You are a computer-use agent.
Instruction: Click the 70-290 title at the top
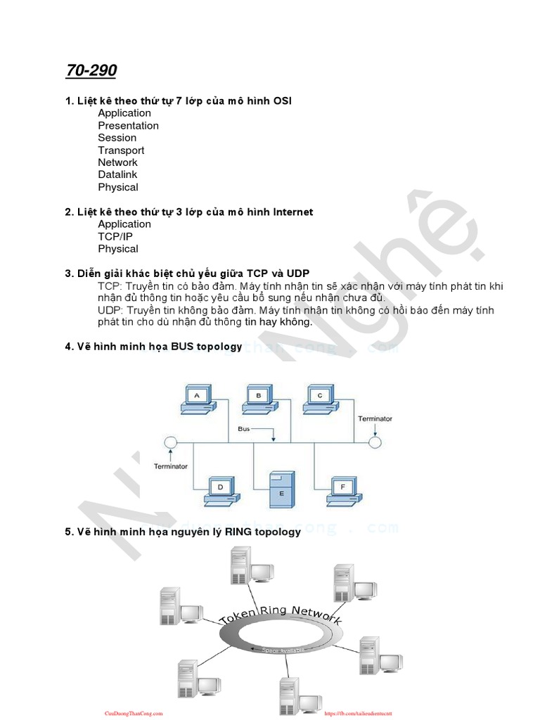point(91,70)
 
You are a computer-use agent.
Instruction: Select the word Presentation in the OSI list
point(128,125)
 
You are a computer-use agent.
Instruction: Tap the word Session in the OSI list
point(117,138)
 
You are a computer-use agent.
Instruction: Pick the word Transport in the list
point(121,150)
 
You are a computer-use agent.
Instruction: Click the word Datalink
point(117,174)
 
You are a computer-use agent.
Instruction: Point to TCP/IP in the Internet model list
point(115,236)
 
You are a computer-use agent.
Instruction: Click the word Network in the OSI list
point(117,162)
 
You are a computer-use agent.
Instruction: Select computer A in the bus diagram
point(198,399)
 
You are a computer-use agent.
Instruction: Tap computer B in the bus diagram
point(258,399)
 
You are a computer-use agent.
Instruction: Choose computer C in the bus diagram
point(320,399)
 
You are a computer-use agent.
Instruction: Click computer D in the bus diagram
point(220,490)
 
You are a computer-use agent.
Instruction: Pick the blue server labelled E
point(282,489)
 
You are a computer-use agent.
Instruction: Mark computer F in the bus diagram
point(343,490)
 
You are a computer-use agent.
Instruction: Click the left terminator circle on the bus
point(169,442)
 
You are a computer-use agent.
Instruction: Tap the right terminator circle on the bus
point(375,442)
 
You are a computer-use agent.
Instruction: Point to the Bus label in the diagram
point(244,428)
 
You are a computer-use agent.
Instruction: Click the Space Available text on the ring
point(283,650)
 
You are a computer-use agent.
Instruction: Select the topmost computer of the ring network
point(242,569)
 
